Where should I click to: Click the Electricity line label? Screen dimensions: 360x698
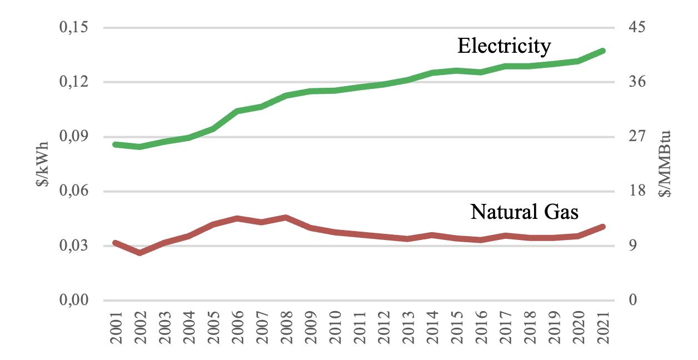[x=504, y=46]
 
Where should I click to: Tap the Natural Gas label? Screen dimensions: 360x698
[x=524, y=212]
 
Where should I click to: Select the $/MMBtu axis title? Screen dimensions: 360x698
[x=665, y=164]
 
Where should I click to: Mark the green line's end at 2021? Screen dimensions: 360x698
[x=602, y=51]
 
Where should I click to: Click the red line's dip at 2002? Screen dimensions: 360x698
[x=139, y=253]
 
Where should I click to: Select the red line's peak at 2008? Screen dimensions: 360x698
[x=286, y=217]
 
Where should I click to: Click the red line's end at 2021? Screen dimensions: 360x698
[x=602, y=227]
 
